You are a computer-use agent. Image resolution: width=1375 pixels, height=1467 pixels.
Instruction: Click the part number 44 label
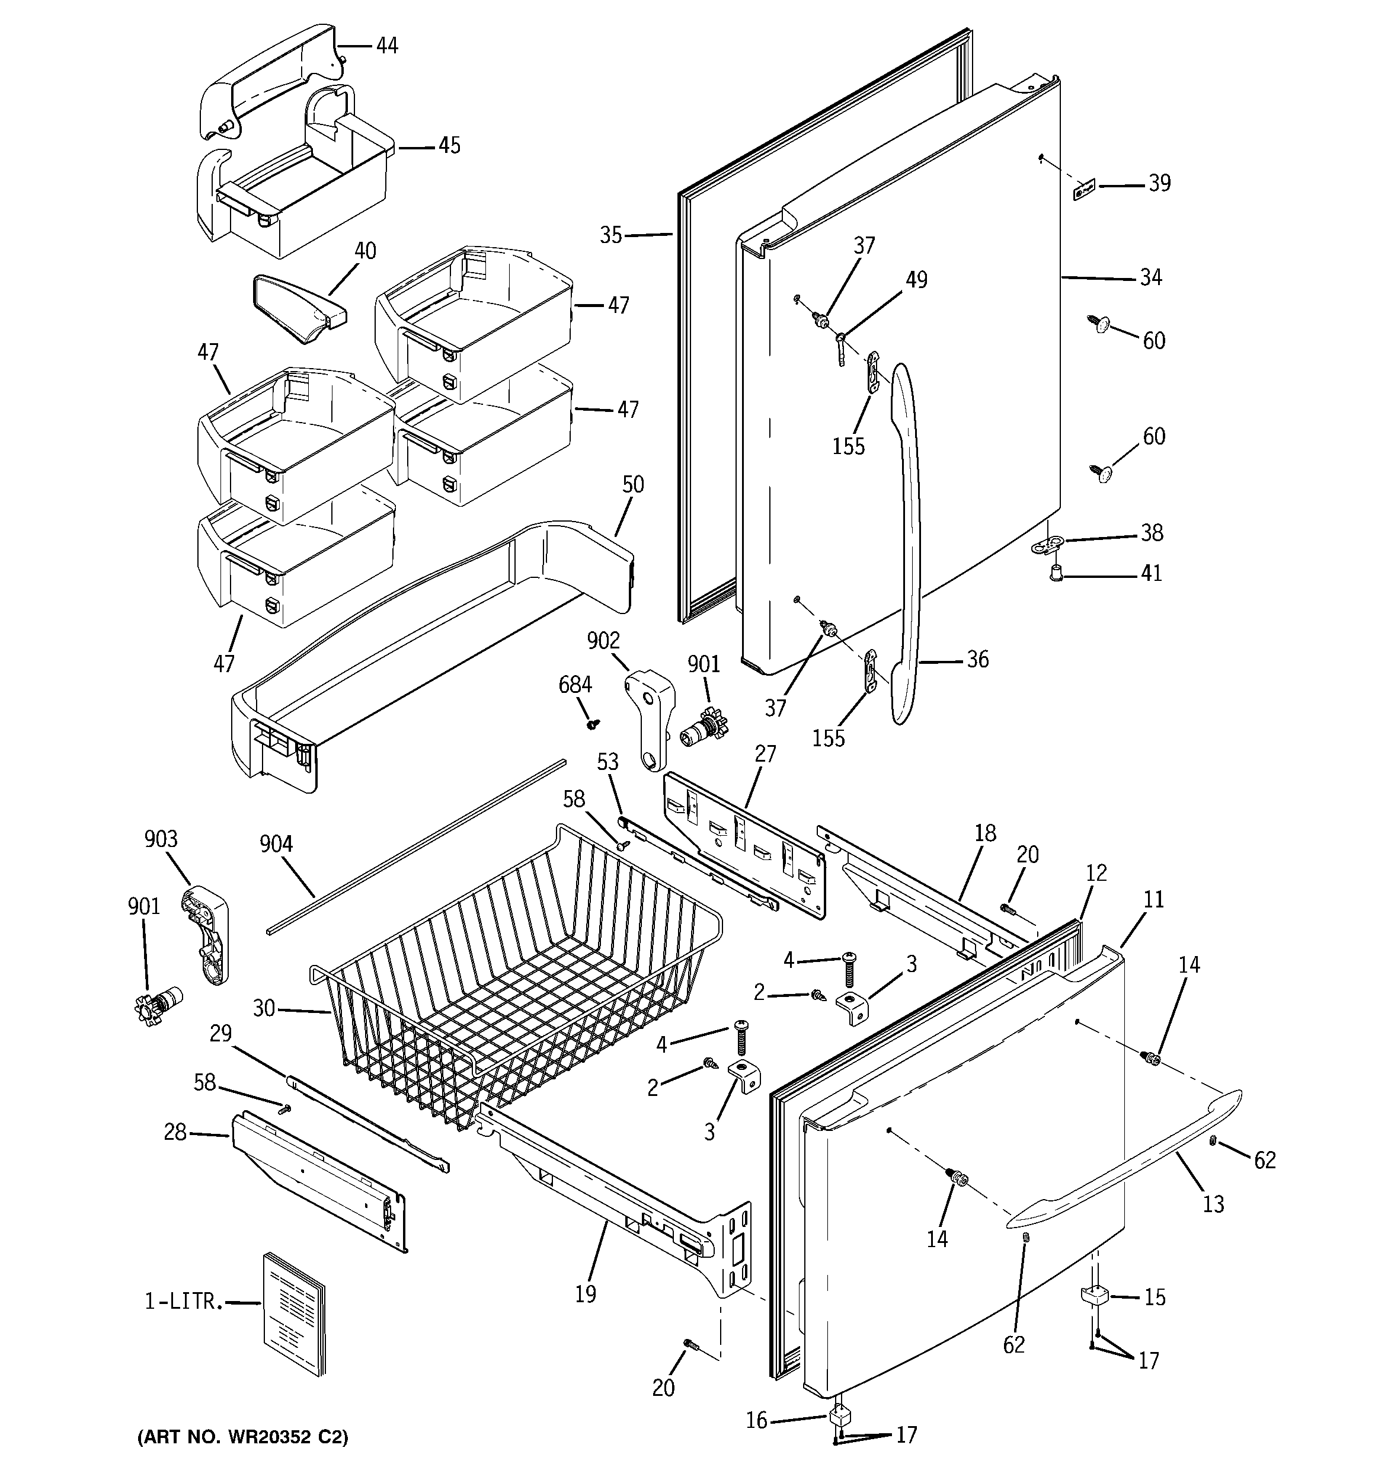(387, 46)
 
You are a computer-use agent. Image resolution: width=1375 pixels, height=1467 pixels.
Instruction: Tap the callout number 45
(449, 145)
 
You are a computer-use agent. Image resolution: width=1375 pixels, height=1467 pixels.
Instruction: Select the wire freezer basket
(517, 982)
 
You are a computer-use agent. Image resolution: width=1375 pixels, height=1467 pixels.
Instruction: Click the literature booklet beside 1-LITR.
(294, 1313)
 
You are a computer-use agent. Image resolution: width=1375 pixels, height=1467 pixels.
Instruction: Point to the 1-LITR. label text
(183, 1302)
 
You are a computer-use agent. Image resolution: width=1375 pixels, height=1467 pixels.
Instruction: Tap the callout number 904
(276, 843)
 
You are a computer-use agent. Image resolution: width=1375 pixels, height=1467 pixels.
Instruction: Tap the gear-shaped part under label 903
(158, 1003)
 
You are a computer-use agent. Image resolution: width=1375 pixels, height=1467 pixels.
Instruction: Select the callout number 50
(632, 485)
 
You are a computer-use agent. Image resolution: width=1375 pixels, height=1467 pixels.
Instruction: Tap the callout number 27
(765, 753)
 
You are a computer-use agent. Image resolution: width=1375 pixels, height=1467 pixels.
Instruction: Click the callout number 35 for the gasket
(610, 235)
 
